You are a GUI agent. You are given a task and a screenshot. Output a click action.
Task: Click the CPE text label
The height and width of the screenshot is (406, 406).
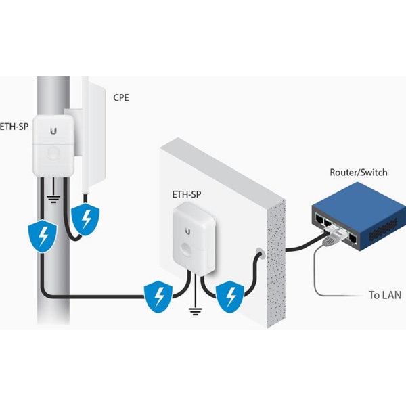point(121,97)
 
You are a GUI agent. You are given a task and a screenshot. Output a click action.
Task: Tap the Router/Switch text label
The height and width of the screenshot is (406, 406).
point(358,173)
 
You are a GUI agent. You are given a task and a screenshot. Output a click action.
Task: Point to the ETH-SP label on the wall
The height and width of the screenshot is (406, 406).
point(187,196)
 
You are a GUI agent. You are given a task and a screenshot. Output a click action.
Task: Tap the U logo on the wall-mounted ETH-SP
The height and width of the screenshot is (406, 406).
point(187,228)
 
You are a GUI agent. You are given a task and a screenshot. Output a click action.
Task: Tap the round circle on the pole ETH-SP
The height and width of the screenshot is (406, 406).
point(51,153)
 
